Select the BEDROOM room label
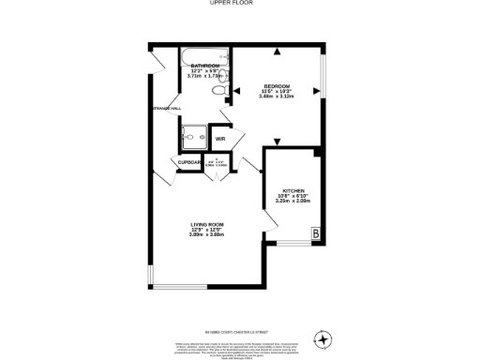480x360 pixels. point(277,85)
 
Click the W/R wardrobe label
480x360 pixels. point(220,140)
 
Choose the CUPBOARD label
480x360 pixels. point(190,162)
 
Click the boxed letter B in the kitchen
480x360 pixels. point(316,232)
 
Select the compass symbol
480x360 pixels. point(322,338)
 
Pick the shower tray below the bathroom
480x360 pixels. point(194,137)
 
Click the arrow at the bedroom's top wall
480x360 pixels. point(277,50)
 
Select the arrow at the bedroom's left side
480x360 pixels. point(237,93)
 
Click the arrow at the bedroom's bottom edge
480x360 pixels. point(277,142)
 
